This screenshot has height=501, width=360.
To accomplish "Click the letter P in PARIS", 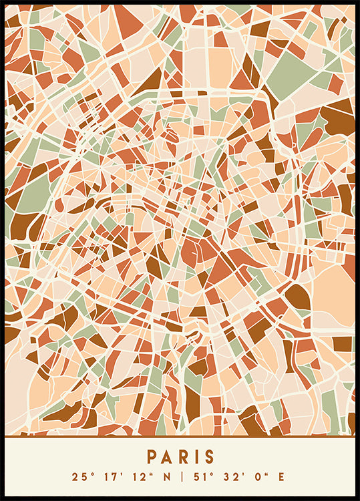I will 152,457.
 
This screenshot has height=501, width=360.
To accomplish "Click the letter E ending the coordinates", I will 281,477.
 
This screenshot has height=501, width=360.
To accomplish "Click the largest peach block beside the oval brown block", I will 333,295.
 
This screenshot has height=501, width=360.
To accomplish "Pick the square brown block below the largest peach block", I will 342,343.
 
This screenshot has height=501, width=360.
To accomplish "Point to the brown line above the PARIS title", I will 180,436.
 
